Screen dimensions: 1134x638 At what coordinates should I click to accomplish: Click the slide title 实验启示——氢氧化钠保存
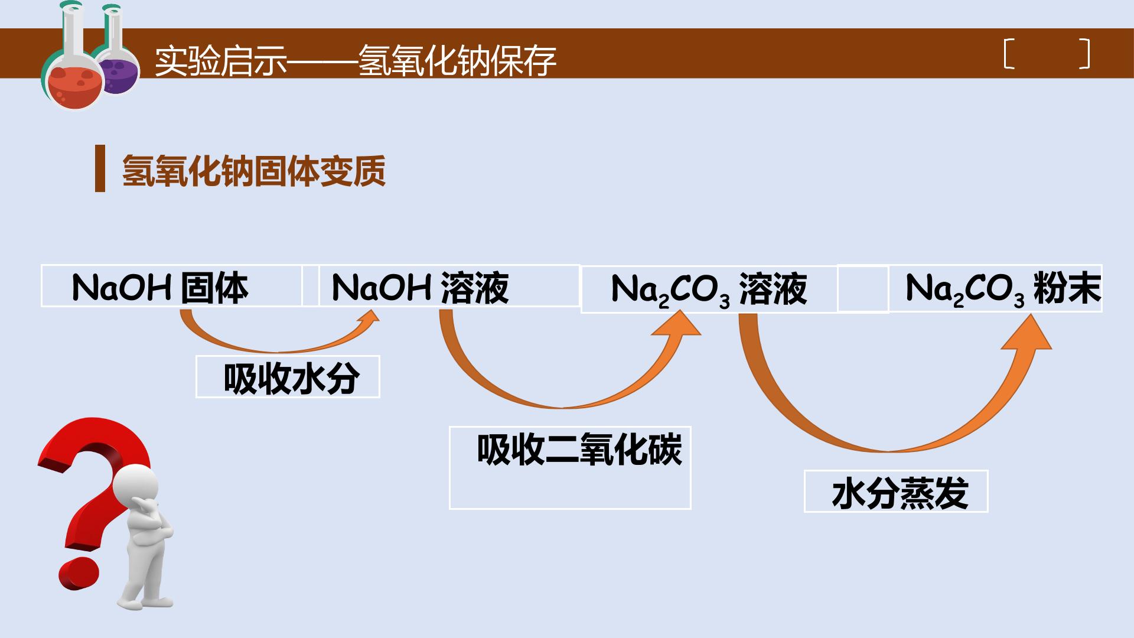click(356, 60)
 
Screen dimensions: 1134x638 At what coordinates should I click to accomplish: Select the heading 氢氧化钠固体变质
click(254, 171)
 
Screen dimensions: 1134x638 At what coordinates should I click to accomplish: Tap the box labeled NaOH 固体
click(171, 286)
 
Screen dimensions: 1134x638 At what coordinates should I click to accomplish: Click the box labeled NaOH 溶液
click(449, 286)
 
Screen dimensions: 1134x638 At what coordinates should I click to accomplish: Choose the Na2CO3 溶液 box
click(709, 289)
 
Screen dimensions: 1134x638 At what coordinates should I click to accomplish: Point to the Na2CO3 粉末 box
click(995, 288)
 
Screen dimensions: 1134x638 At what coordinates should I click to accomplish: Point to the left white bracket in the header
click(1009, 54)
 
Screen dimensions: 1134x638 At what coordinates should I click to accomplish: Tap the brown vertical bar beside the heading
click(100, 168)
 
